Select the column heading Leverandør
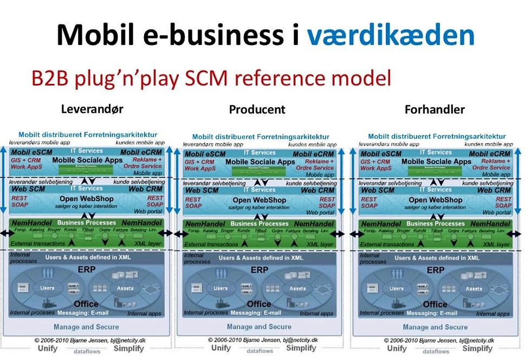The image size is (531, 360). pyautogui.click(x=92, y=108)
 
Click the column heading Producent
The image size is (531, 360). pyautogui.click(x=257, y=110)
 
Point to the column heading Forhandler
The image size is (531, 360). pyautogui.click(x=435, y=110)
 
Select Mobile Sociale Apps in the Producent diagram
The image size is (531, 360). pyautogui.click(x=260, y=162)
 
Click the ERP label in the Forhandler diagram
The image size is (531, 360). pyautogui.click(x=435, y=269)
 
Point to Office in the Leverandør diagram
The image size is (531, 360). pyautogui.click(x=86, y=304)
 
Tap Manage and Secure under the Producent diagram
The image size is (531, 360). pyautogui.click(x=259, y=326)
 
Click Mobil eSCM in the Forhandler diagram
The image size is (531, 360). pyautogui.click(x=381, y=154)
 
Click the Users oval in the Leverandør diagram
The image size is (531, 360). pyautogui.click(x=47, y=288)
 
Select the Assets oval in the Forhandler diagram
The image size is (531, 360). pyautogui.click(x=474, y=288)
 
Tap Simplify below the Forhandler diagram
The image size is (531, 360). pyautogui.click(x=477, y=349)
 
